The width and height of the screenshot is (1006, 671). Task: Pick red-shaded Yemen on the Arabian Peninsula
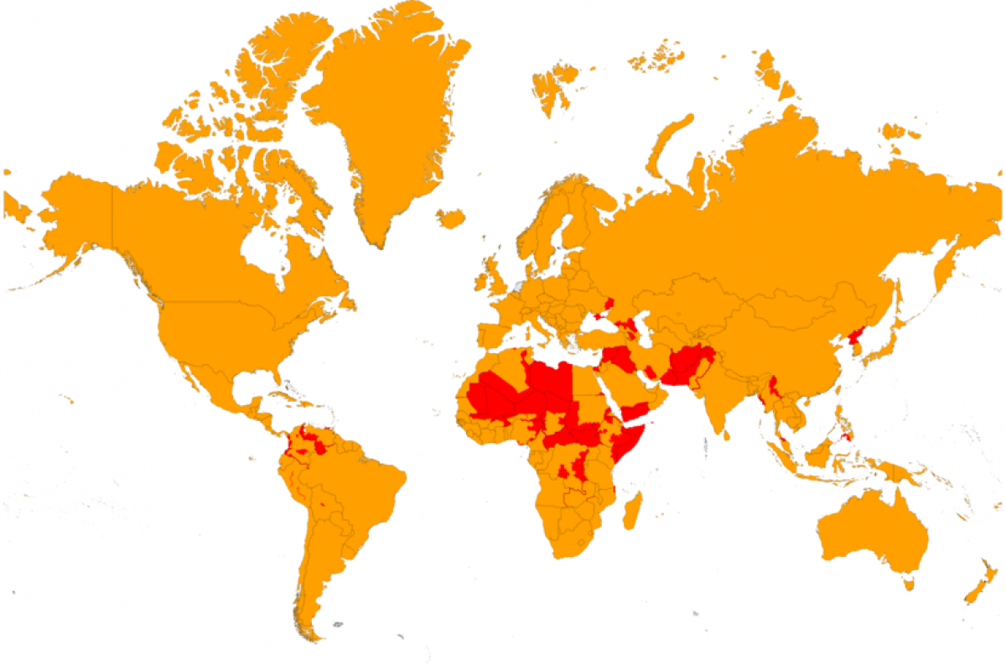coord(635,411)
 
